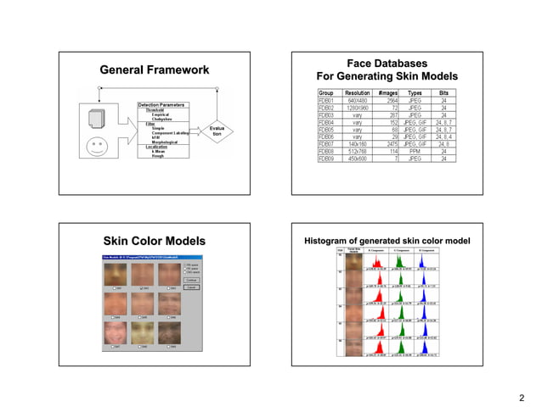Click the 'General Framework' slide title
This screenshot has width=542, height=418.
[x=154, y=70]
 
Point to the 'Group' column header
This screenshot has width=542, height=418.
[x=325, y=92]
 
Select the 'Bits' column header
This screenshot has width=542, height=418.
[x=443, y=92]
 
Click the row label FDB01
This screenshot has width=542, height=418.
[x=326, y=100]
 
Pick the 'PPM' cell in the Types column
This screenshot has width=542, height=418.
[x=415, y=152]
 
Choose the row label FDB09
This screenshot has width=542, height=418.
[x=326, y=159]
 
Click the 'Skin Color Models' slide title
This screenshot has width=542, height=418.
[x=154, y=242]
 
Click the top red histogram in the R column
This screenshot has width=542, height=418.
[x=376, y=261]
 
